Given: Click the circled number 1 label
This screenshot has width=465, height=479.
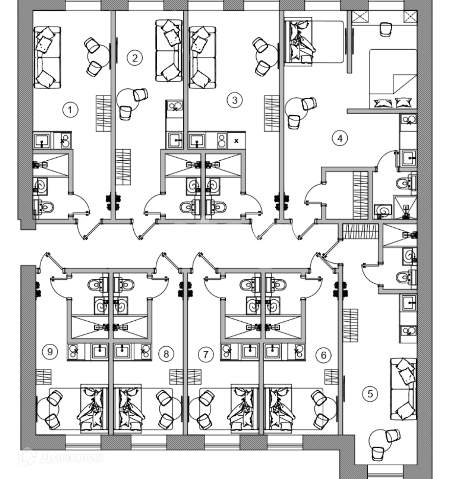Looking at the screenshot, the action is pos(70,110).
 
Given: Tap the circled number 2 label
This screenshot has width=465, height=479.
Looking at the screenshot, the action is pos(135,58).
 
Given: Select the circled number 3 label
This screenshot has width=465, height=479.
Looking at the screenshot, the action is pos(234,100).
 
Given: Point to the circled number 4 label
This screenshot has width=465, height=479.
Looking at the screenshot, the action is pos(340,138).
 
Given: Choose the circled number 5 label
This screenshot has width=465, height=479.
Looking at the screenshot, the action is pos(370,394).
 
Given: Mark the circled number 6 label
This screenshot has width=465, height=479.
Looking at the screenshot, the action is pos(323,355).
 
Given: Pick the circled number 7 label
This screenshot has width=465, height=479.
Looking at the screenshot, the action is pos(206,355).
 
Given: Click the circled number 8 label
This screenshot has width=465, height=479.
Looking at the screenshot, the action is pos(166,354).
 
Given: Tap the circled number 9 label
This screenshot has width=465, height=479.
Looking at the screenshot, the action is pos(50,352).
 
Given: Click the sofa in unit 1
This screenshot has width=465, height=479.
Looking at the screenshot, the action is pos(47,58).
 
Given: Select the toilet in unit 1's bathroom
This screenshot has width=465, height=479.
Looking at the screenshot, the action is pos(45,207).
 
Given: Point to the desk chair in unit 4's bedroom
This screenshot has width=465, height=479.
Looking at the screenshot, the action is pos(385,29).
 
